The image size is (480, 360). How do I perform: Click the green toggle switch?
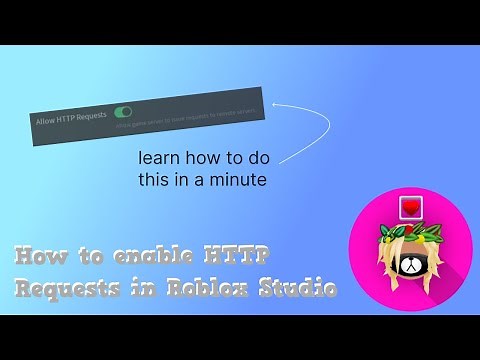(x=125, y=116)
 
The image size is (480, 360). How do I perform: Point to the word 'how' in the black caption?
(x=204, y=160)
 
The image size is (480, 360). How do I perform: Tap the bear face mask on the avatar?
(x=409, y=267)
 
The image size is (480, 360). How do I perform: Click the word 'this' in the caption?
(x=180, y=180)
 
